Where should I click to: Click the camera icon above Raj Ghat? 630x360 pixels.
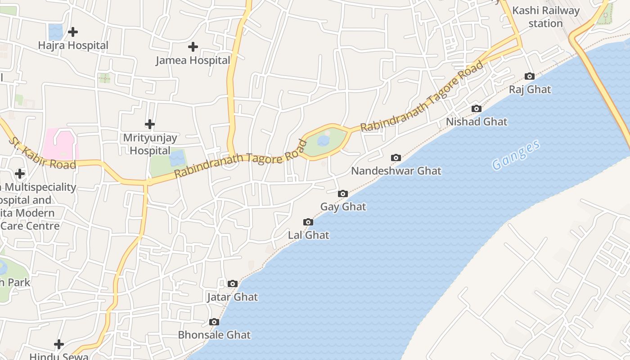pos(530,76)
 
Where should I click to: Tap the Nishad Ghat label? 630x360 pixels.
pos(476,121)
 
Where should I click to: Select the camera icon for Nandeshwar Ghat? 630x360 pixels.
pos(396,157)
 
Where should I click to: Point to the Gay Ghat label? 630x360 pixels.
pos(343,207)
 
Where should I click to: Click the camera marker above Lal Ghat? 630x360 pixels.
pos(308,222)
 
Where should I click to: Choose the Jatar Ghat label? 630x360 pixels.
pos(232,297)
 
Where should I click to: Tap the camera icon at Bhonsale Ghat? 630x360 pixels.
pos(214,322)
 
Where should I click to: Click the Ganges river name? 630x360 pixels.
pos(516,155)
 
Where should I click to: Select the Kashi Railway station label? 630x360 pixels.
pos(545,17)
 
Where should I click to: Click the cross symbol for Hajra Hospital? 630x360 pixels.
pos(72,32)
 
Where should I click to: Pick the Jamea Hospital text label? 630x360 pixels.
pos(193,60)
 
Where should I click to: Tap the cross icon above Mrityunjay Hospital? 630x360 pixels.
pos(150,124)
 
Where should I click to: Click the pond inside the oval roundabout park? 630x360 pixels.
pos(323,141)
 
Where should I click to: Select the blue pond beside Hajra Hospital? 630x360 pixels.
pos(56,32)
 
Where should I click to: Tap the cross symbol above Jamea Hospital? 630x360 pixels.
pos(193,47)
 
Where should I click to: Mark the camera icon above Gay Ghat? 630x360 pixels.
pos(343,193)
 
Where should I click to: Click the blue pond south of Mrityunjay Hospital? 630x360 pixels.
pos(177,158)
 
